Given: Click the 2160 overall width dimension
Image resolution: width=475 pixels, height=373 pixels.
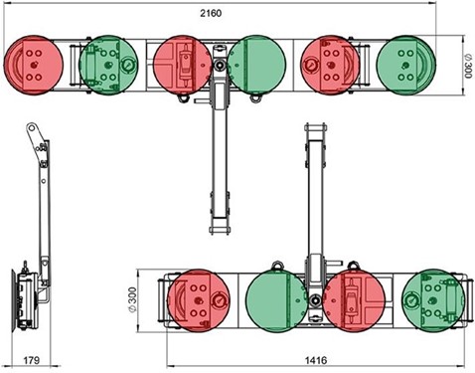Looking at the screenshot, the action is [x=211, y=13].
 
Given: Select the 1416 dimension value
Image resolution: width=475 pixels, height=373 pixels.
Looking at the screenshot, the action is [x=316, y=360].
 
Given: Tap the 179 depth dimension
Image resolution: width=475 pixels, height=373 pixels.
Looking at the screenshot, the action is [x=32, y=360].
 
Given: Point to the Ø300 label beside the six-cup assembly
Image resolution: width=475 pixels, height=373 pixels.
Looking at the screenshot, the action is [x=467, y=66].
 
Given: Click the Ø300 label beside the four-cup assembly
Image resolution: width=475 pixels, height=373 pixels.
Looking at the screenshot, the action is [x=132, y=300].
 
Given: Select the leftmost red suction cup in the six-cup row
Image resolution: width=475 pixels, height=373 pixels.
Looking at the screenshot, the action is [x=33, y=65].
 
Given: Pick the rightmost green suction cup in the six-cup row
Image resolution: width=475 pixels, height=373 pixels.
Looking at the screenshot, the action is [x=406, y=65].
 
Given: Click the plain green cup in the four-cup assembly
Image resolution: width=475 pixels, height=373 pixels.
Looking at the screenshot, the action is [x=276, y=301].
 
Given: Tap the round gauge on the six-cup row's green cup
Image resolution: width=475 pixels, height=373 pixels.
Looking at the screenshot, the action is [x=127, y=65].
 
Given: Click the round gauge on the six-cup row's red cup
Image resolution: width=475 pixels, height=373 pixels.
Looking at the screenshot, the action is [x=310, y=64].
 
